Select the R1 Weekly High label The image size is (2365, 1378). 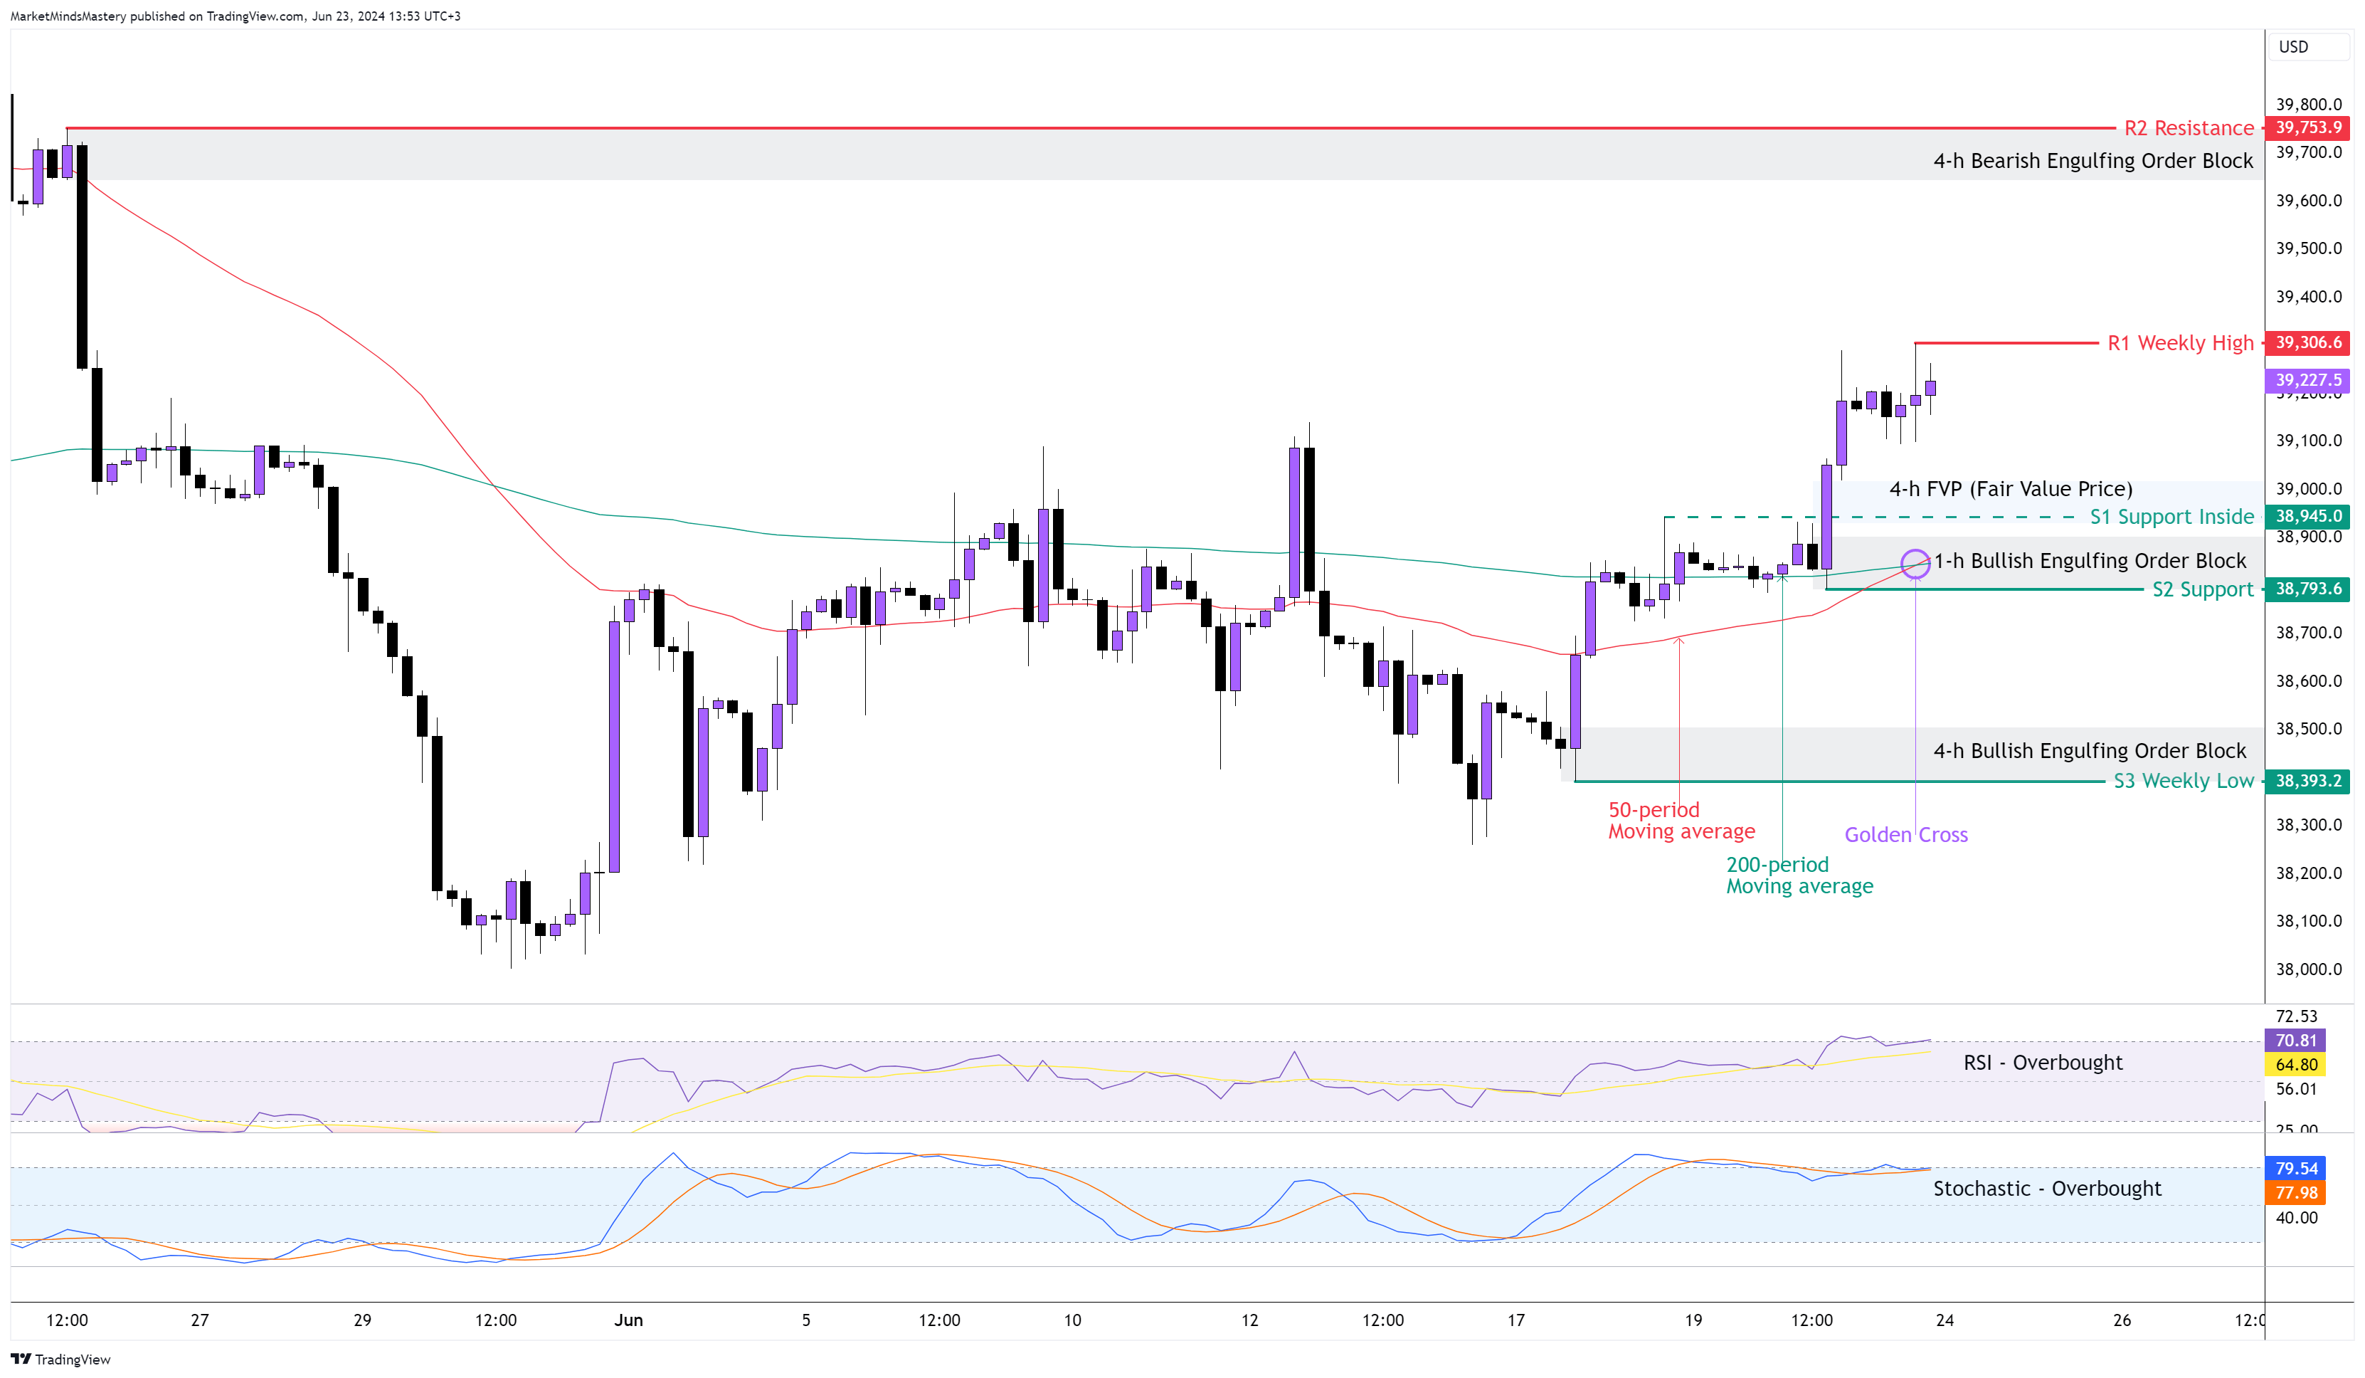pos(2179,344)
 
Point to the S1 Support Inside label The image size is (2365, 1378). pos(2171,517)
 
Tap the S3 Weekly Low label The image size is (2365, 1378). pos(2182,781)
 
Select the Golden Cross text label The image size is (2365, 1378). pos(1905,834)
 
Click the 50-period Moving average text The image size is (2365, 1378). pos(1681,821)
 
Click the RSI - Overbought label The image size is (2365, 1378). pos(2042,1063)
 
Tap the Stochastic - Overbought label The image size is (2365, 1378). pos(2046,1189)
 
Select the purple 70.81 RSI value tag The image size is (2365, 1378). pos(2295,1040)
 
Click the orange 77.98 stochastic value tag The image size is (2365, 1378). pos(2295,1193)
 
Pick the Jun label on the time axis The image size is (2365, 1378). pos(628,1320)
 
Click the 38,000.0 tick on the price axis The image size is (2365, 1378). pos(2308,969)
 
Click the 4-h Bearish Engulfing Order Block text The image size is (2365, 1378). pos(2092,162)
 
